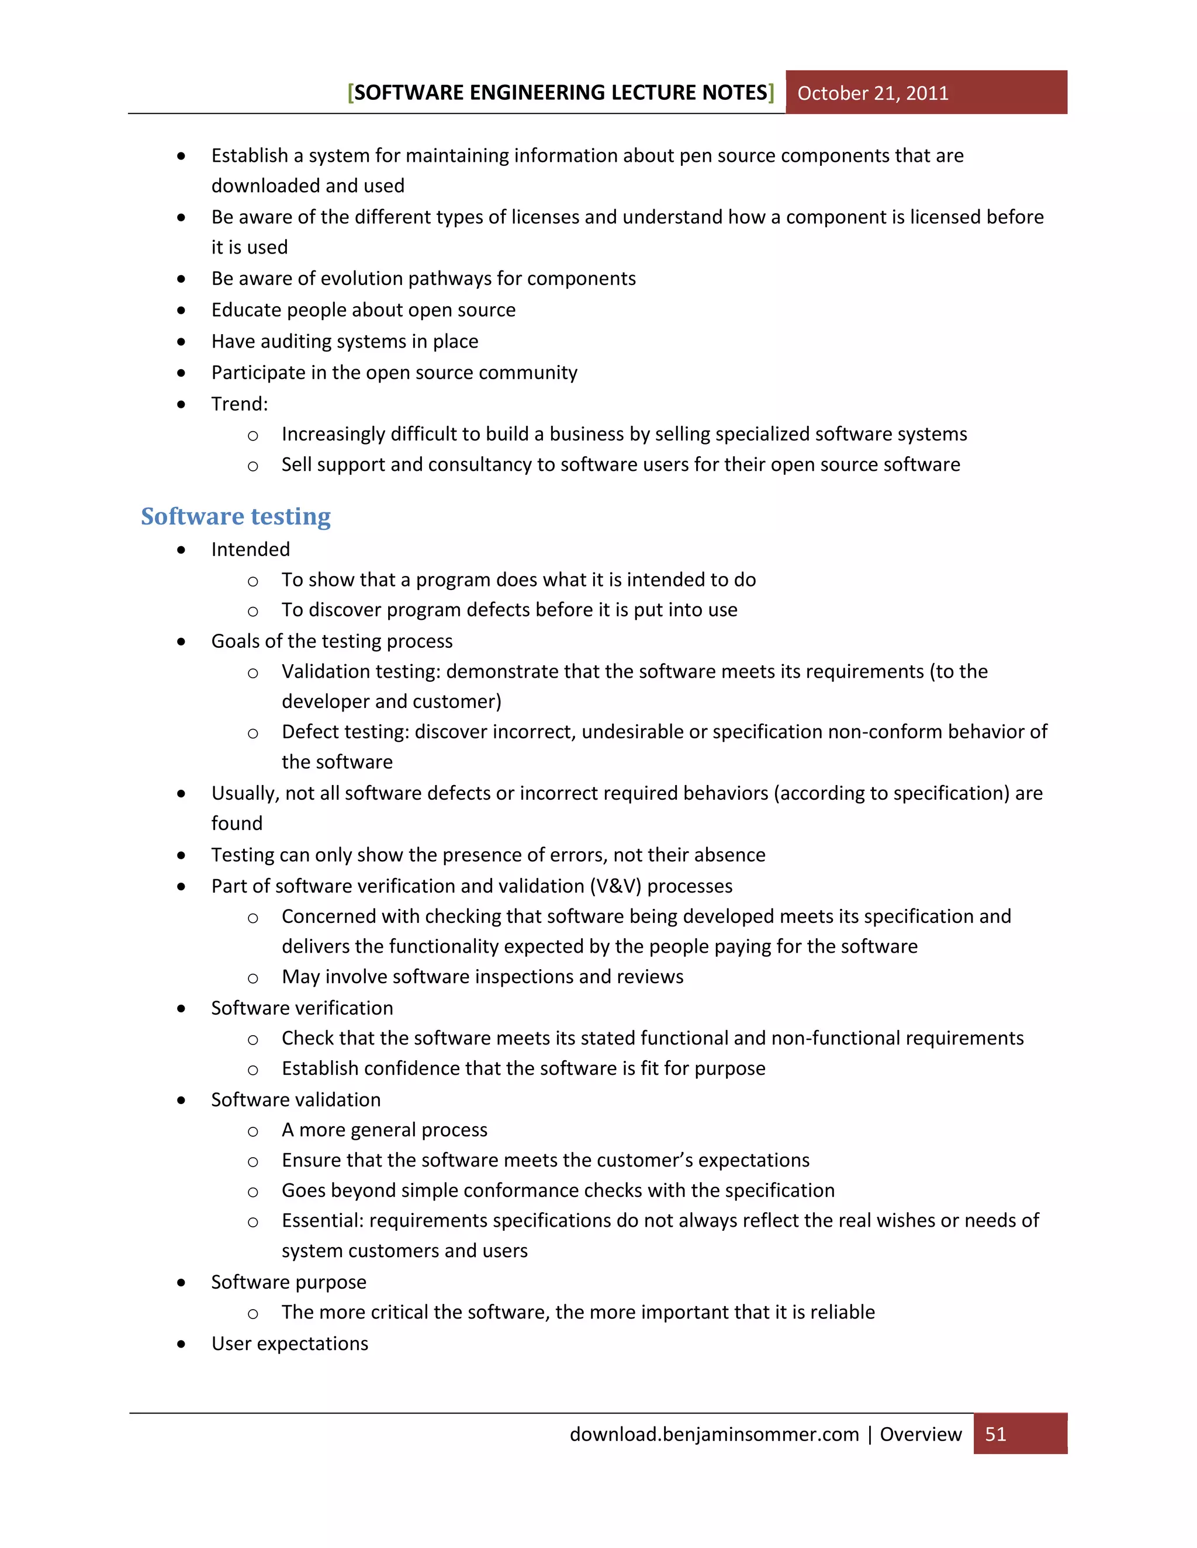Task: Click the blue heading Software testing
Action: point(236,516)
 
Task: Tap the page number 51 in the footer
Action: point(995,1434)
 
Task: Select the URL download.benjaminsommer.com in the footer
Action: point(714,1434)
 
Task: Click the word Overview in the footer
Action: point(921,1434)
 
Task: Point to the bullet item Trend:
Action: point(240,404)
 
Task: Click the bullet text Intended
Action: point(250,549)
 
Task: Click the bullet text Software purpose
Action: point(289,1282)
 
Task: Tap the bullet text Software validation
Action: point(296,1099)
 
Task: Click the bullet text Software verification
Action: point(302,1008)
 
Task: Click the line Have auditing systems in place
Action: point(345,342)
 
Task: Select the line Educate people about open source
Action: point(363,310)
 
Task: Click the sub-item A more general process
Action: point(385,1130)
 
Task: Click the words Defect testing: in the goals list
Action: point(345,731)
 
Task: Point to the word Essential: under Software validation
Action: point(322,1220)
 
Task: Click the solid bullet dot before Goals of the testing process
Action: point(182,641)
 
